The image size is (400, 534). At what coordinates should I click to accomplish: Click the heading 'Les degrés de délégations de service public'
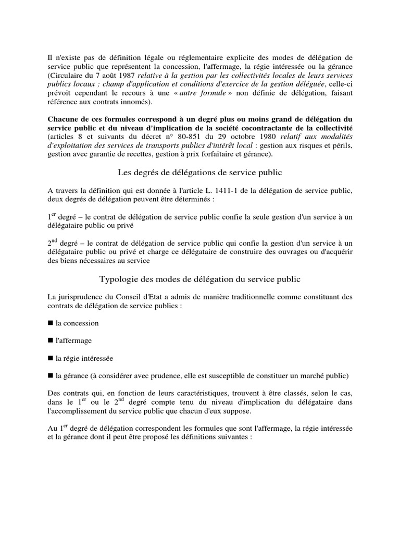click(199, 172)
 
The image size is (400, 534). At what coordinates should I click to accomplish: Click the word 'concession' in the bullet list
click(82, 323)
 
